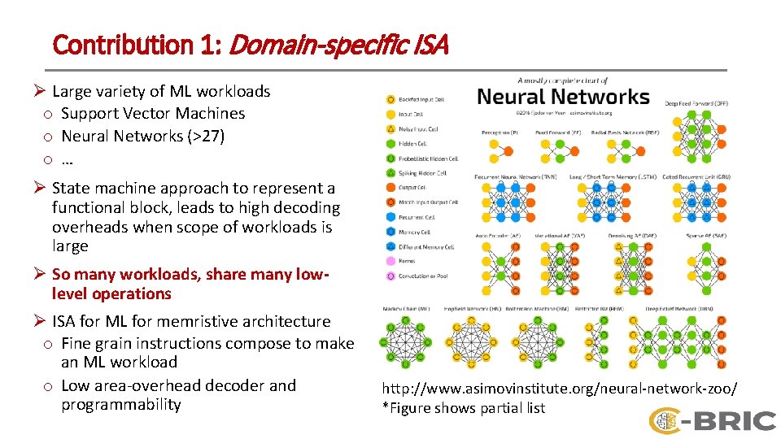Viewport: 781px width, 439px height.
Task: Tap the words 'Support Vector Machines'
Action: [x=153, y=114]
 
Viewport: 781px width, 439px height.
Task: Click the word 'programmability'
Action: [x=121, y=405]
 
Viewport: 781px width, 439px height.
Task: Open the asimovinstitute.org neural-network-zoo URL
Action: [x=560, y=389]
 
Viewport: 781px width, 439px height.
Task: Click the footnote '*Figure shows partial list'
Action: [x=464, y=408]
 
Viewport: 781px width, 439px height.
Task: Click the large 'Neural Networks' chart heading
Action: [x=563, y=97]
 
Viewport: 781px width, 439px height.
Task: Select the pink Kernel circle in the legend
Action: [x=390, y=262]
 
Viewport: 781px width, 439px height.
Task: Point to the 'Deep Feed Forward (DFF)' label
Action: [x=696, y=104]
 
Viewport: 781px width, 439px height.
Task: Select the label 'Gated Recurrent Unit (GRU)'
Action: [x=696, y=176]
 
